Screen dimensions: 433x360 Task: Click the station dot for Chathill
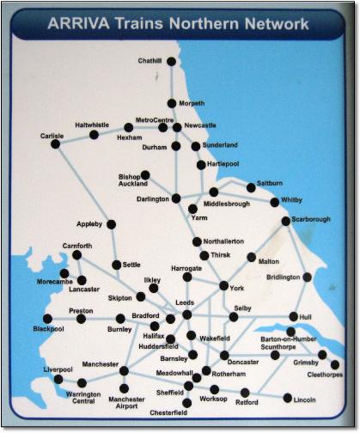point(171,61)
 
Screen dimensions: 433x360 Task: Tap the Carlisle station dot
point(55,144)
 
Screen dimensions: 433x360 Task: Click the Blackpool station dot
point(47,319)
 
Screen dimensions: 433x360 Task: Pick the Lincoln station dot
point(287,398)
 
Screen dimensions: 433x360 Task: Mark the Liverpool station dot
point(58,378)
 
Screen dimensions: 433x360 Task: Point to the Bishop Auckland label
point(134,180)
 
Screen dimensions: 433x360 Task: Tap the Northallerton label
point(226,241)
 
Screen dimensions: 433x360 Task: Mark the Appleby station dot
point(111,224)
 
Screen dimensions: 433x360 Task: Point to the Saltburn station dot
point(251,186)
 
